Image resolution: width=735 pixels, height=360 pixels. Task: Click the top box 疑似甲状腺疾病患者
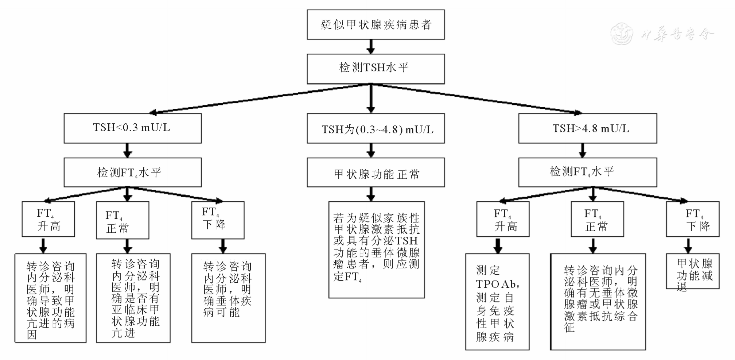376,24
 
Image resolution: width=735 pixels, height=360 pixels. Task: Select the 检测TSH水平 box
376,69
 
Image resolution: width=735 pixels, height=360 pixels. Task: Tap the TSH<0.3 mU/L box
132,128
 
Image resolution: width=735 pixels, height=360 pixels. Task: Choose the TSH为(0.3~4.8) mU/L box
376,128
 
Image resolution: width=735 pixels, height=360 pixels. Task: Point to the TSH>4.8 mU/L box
587,128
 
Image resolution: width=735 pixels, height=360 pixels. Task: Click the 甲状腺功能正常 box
376,173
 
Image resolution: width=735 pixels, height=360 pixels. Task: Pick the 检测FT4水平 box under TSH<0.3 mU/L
132,173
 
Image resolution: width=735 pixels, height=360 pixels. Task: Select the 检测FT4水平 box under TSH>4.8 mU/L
587,173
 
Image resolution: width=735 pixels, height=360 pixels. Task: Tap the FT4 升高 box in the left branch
48,219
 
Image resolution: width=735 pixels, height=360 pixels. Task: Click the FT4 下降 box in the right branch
692,219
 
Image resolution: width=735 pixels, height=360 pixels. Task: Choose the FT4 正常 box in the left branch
122,220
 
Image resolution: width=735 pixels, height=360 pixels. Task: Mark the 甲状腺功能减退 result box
692,271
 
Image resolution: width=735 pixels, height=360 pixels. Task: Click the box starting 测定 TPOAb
497,302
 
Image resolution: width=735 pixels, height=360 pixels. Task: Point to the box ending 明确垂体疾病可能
228,298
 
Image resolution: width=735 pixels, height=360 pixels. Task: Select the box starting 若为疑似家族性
376,250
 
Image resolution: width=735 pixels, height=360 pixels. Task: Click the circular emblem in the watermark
622,34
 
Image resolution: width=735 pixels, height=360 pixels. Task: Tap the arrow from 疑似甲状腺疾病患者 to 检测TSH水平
371,47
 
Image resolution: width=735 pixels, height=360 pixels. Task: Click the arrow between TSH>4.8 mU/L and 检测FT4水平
582,150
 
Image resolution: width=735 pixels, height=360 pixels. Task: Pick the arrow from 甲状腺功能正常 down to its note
371,194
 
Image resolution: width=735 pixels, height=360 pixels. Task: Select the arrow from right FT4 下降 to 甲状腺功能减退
688,245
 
